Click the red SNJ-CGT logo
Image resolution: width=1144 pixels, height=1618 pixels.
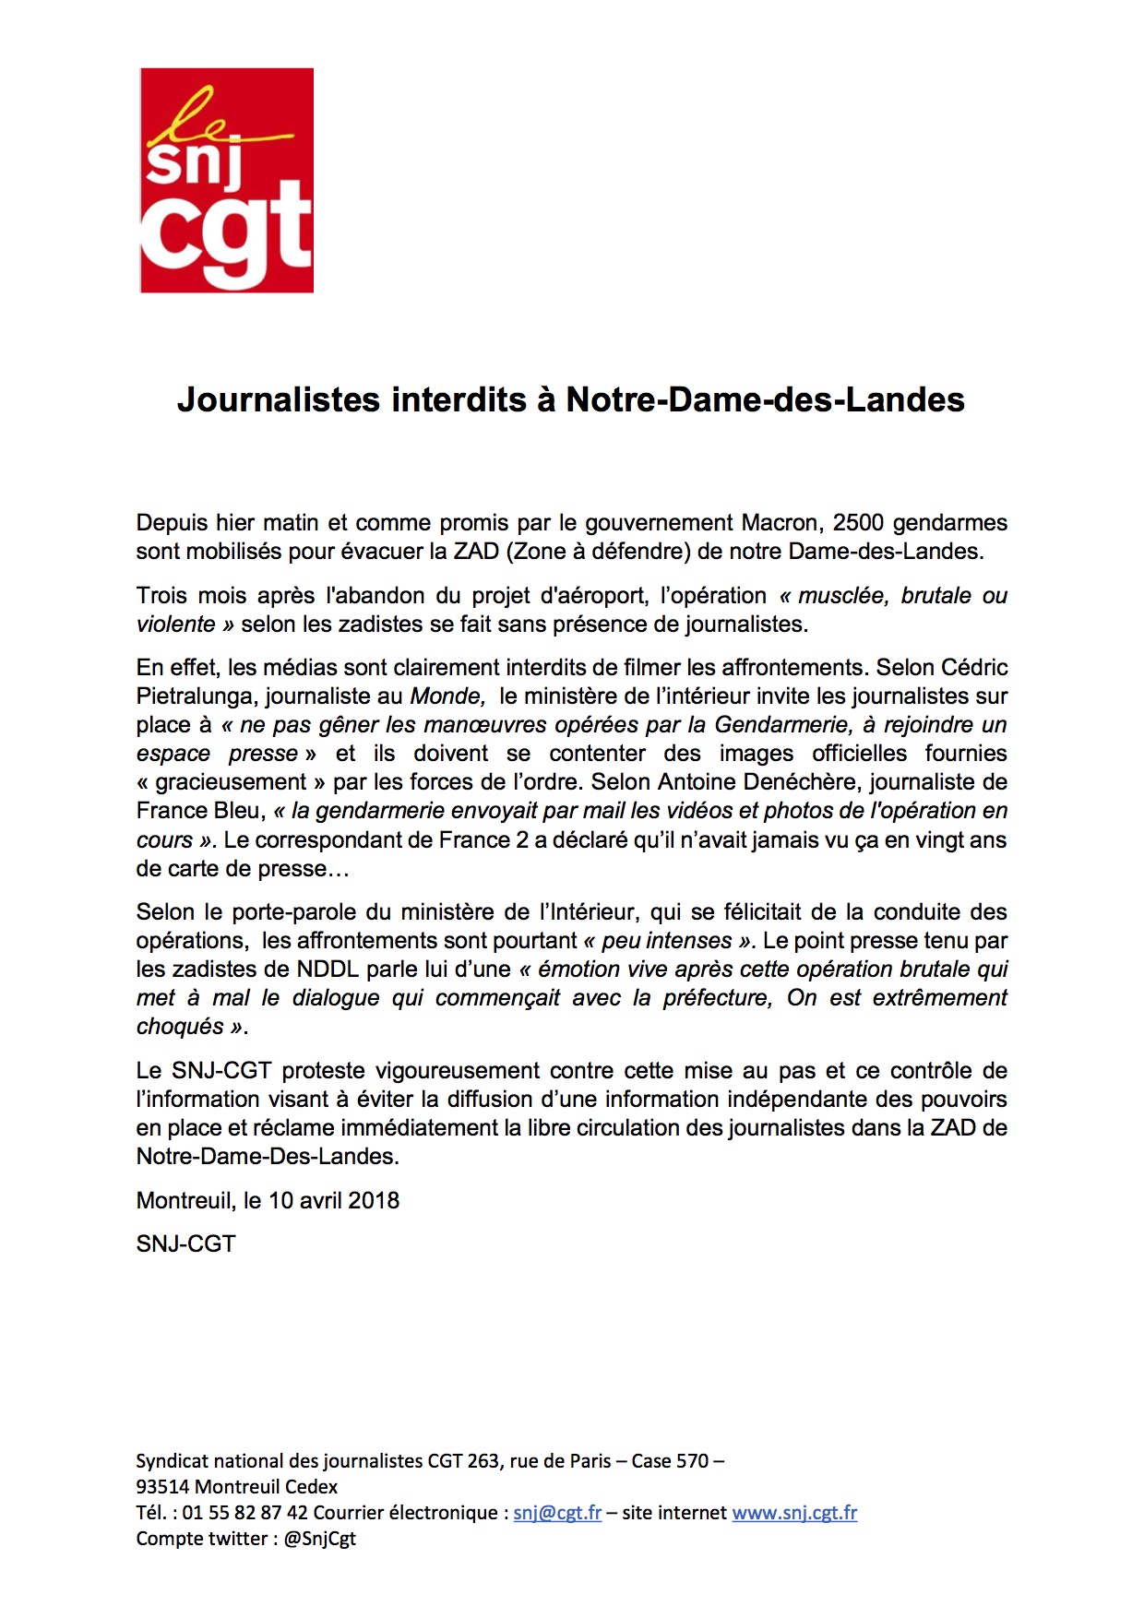[x=226, y=181]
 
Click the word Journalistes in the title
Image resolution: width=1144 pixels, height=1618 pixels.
[x=279, y=399]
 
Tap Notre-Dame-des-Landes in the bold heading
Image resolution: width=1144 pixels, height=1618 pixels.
[x=765, y=399]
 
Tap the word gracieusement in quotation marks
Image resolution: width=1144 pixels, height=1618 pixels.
[x=231, y=782]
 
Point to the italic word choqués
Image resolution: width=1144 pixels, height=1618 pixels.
[x=180, y=1027]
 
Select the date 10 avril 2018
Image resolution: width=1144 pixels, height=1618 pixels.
[x=334, y=1201]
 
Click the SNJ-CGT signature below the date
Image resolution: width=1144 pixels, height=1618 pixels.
[x=185, y=1244]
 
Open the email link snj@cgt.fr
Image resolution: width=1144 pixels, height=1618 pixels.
[x=557, y=1513]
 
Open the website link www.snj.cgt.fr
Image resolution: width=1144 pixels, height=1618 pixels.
[x=794, y=1513]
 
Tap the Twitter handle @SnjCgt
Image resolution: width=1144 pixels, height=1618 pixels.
[x=320, y=1539]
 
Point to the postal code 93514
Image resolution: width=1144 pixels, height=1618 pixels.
[x=163, y=1487]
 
